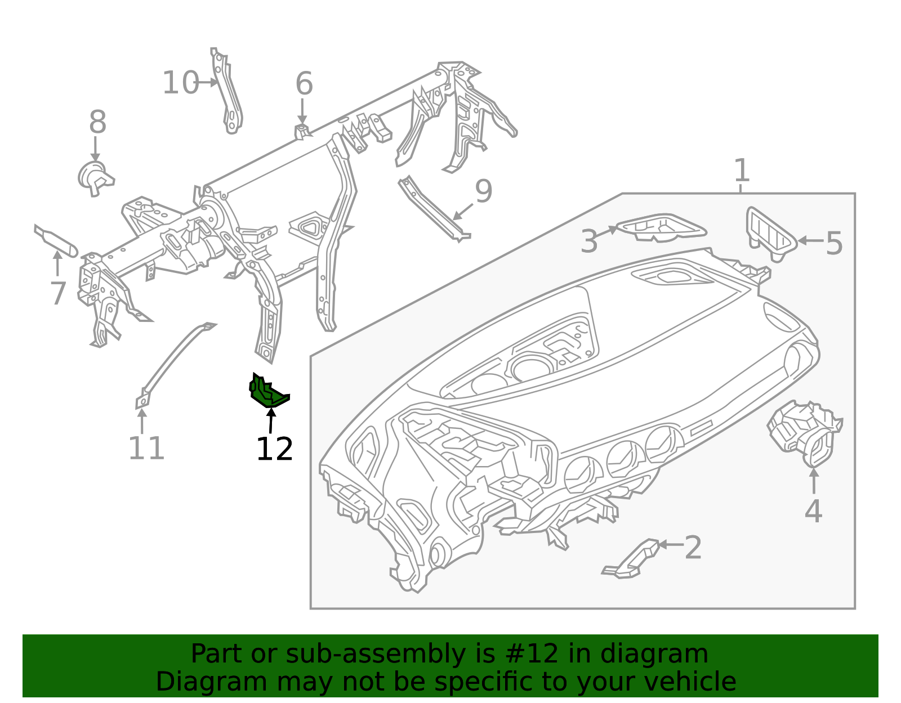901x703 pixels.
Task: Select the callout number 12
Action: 274,450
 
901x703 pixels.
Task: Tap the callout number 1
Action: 742,170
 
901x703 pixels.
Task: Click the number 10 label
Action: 180,83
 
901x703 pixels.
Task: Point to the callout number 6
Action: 304,84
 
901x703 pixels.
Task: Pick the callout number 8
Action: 98,122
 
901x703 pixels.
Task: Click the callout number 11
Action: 146,449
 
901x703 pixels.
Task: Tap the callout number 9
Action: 484,191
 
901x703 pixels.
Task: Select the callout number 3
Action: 589,241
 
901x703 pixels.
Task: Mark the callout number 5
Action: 834,244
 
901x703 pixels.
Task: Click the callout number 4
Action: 813,512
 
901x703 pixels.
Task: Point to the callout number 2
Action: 693,548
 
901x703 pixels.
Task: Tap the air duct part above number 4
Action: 804,433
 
